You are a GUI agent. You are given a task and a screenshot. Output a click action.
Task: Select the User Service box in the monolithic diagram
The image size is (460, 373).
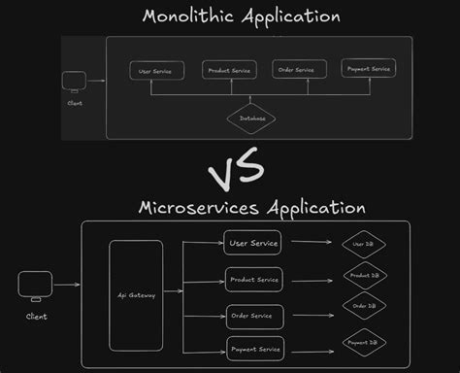click(x=156, y=70)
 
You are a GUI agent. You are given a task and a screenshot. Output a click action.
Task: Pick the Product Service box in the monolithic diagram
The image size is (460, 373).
click(x=229, y=70)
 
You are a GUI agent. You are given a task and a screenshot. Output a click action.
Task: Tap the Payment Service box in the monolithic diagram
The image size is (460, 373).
click(x=368, y=68)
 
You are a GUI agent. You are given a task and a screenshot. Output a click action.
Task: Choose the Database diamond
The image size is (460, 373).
click(x=251, y=119)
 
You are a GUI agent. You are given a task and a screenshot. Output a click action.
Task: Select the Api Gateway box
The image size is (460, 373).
click(x=135, y=294)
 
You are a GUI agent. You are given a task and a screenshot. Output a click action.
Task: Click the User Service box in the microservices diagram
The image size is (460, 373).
click(x=253, y=243)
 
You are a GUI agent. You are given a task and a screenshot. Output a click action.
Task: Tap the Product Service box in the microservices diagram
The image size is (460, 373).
click(x=254, y=280)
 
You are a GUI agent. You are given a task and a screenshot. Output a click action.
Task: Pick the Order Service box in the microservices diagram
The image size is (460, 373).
click(x=254, y=316)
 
